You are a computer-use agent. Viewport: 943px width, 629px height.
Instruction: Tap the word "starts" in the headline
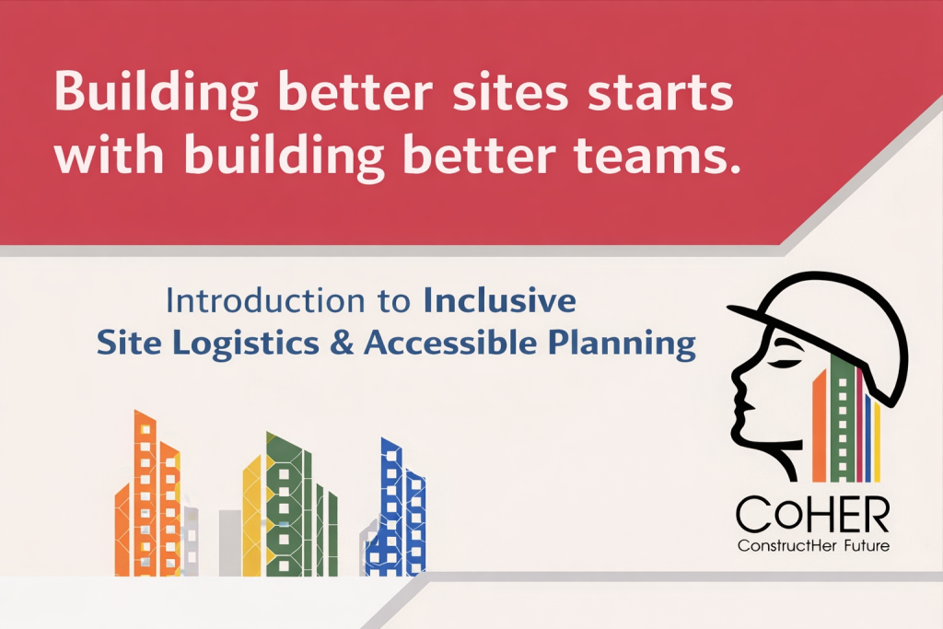point(659,93)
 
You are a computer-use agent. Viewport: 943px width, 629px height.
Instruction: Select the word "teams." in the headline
point(657,155)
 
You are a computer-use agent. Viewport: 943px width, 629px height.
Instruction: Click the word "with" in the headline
point(109,154)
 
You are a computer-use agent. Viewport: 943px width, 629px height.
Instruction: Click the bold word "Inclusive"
point(500,300)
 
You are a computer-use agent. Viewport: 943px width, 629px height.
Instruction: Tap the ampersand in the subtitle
point(342,344)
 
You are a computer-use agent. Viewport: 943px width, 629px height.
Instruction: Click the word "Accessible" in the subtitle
point(450,343)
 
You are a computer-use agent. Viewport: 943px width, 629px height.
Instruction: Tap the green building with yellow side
point(290,505)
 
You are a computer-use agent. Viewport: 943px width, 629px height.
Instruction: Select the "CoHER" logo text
point(812,514)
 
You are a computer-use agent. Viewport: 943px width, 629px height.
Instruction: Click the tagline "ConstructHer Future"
point(813,546)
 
